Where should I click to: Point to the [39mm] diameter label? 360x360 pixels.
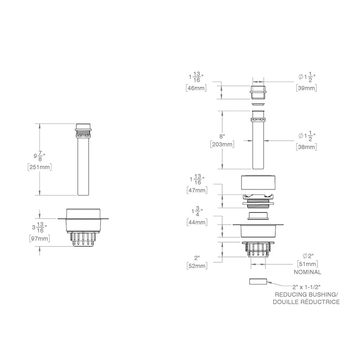306,88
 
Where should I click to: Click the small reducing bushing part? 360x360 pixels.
258,282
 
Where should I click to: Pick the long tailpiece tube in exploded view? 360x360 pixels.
258,144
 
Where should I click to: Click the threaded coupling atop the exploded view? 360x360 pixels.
258,91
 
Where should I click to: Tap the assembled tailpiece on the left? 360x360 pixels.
83,162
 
